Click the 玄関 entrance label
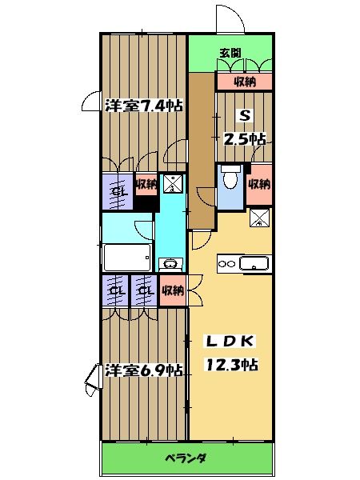pyautogui.click(x=231, y=54)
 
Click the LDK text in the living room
pyautogui.click(x=230, y=342)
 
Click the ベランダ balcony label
pyautogui.click(x=187, y=458)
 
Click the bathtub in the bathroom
pyautogui.click(x=127, y=258)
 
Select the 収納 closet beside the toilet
pyautogui.click(x=259, y=184)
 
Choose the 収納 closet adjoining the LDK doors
pyautogui.click(x=172, y=290)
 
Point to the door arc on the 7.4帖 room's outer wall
pyautogui.click(x=92, y=103)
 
